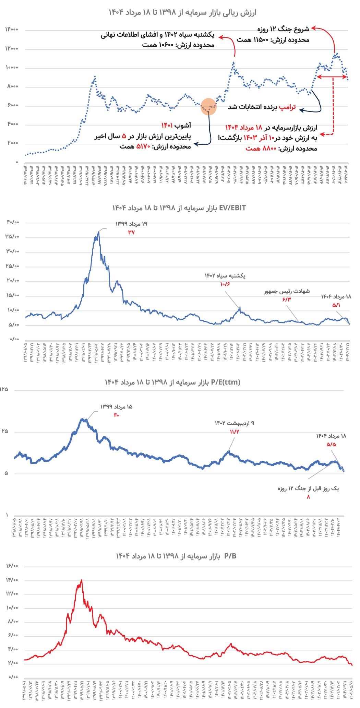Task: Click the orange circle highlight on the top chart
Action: pos(208,106)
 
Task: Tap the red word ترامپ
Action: pos(287,107)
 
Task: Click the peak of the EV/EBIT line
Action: pos(98,232)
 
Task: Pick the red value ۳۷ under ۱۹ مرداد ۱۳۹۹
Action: pos(131,233)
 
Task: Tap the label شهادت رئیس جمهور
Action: pos(287,291)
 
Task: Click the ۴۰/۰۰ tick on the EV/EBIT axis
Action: pos(13,222)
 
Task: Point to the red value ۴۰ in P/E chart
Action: pos(116,415)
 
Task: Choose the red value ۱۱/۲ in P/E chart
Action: pos(235,432)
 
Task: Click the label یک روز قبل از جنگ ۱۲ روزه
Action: pos(308,488)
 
